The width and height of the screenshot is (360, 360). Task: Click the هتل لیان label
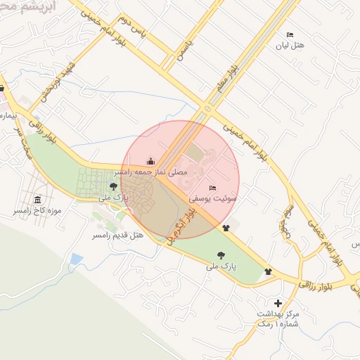pyautogui.click(x=289, y=46)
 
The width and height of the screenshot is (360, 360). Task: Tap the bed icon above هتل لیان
pyautogui.click(x=289, y=34)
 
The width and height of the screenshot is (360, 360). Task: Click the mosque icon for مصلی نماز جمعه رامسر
pyautogui.click(x=150, y=161)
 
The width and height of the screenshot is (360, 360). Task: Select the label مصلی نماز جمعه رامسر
pyautogui.click(x=150, y=172)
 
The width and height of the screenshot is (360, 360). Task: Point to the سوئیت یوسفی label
pyautogui.click(x=218, y=199)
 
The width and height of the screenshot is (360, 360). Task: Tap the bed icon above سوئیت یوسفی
pyautogui.click(x=213, y=188)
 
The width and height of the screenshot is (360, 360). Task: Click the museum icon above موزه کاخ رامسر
pyautogui.click(x=37, y=200)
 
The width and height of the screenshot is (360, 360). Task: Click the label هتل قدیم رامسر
pyautogui.click(x=118, y=234)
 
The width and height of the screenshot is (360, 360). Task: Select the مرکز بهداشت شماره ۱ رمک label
pyautogui.click(x=278, y=318)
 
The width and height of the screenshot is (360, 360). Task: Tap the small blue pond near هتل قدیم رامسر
pyautogui.click(x=76, y=259)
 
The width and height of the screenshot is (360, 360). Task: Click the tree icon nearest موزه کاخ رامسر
pyautogui.click(x=113, y=186)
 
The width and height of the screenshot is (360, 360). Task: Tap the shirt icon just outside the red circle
pyautogui.click(x=226, y=228)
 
